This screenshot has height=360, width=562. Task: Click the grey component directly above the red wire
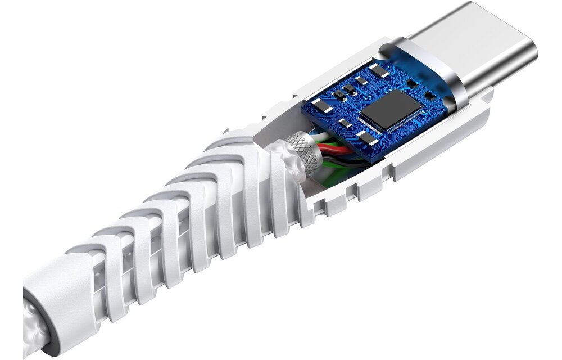point(365,138)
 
